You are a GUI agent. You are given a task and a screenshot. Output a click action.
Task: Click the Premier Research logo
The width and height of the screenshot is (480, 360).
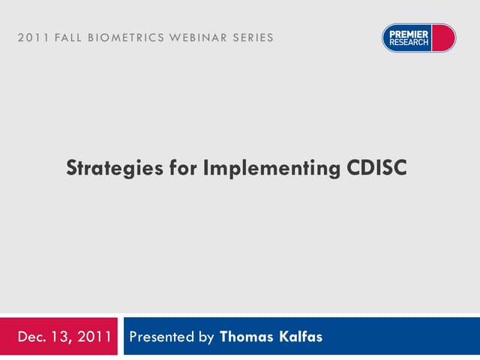pyautogui.click(x=418, y=37)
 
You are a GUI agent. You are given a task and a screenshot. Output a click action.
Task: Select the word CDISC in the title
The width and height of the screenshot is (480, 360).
pyautogui.click(x=377, y=168)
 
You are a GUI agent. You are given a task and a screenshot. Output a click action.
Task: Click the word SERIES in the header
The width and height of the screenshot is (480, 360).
pyautogui.click(x=251, y=37)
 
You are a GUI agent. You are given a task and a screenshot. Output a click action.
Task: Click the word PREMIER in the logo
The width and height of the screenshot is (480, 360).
pyautogui.click(x=409, y=33)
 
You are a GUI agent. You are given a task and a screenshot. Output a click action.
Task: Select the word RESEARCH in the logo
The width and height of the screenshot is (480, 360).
pyautogui.click(x=409, y=42)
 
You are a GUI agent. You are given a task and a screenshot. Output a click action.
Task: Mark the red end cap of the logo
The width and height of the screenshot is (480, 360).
pyautogui.click(x=445, y=37)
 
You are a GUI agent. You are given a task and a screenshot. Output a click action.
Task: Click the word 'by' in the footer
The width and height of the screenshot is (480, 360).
pyautogui.click(x=205, y=337)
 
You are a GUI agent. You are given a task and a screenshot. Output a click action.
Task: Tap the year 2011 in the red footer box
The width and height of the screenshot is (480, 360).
pyautogui.click(x=95, y=336)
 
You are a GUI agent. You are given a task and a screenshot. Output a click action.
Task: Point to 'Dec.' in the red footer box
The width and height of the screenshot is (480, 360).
pyautogui.click(x=31, y=336)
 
